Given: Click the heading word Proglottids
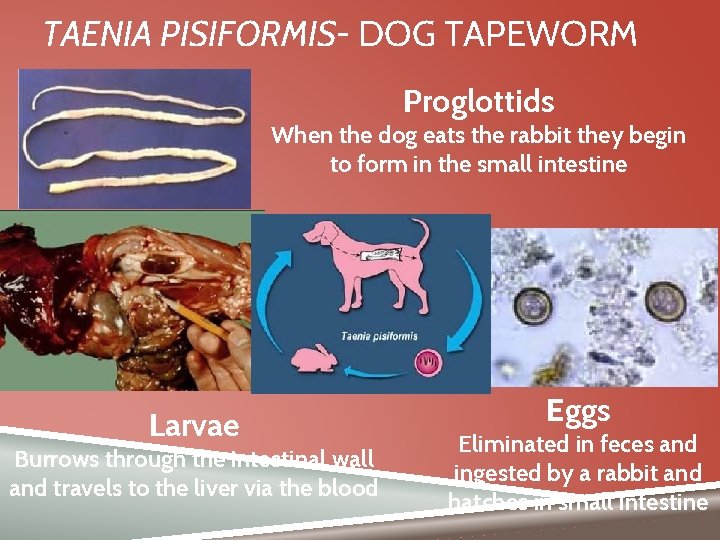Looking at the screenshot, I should click(478, 101).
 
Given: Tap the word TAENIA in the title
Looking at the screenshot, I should click(89, 35).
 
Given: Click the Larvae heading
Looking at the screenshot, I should click(194, 426).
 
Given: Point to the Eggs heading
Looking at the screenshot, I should click(578, 410).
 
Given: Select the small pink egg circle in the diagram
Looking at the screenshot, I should click(428, 360).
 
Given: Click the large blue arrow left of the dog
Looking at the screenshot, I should click(271, 290).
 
